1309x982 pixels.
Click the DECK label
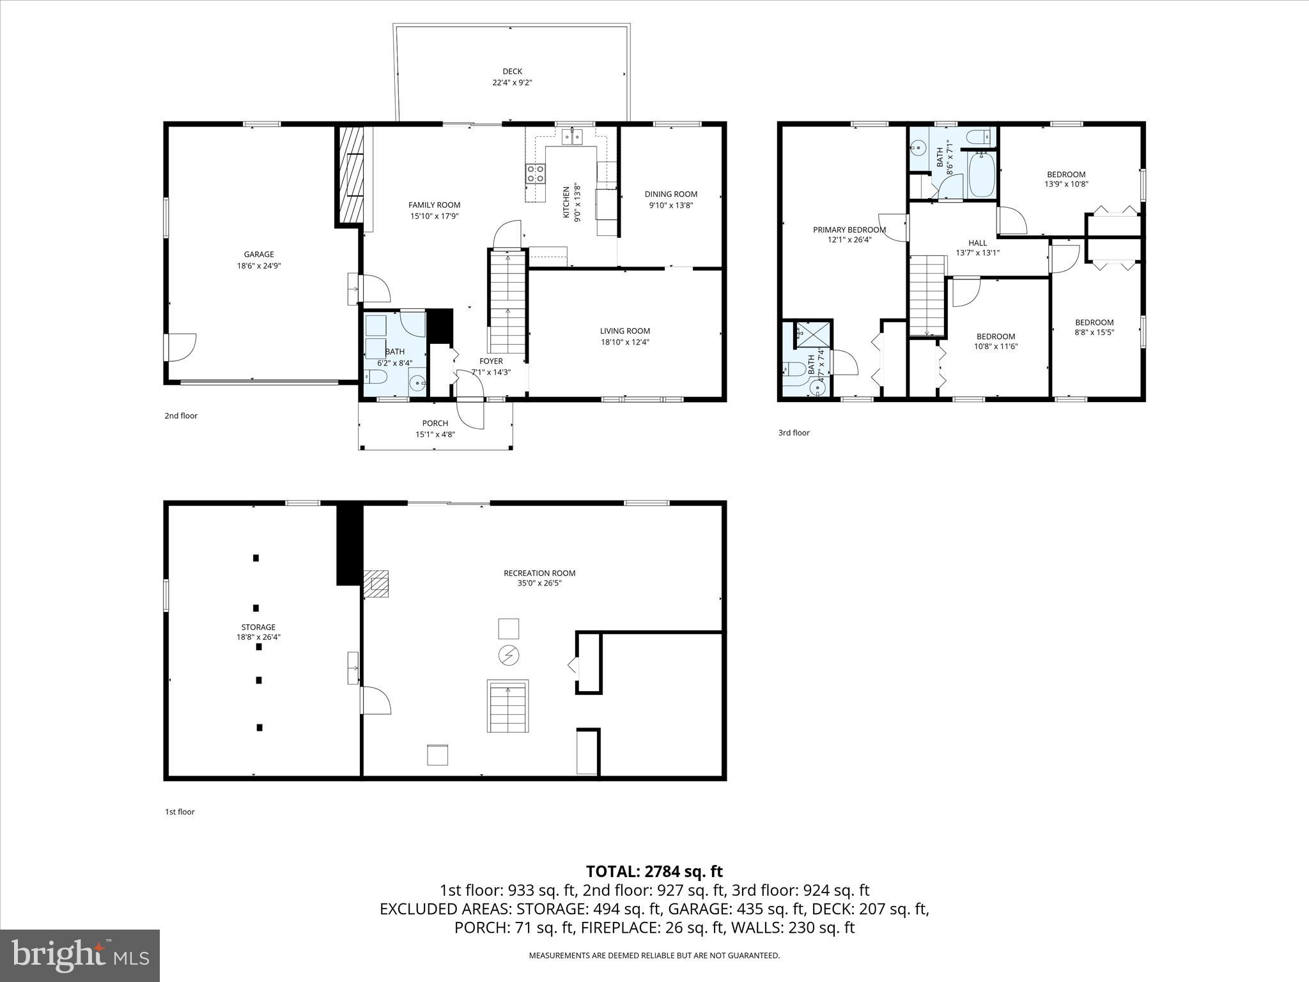click(x=512, y=72)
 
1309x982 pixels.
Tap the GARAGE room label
click(x=258, y=254)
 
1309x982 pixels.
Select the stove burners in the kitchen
click(x=536, y=173)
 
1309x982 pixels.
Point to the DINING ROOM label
click(x=670, y=194)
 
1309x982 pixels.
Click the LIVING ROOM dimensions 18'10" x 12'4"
click(x=624, y=342)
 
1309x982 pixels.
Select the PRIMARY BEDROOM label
click(x=849, y=230)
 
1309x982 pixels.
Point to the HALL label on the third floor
click(x=977, y=243)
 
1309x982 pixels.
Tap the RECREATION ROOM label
click(x=539, y=573)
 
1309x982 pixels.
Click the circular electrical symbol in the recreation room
click(x=509, y=655)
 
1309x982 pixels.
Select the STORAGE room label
click(x=258, y=627)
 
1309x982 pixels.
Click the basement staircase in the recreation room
click(x=508, y=706)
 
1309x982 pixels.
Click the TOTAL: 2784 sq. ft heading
click(x=654, y=871)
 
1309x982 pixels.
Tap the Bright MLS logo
click(x=80, y=955)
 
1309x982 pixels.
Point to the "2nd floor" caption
click(x=181, y=416)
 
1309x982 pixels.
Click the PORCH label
click(x=435, y=423)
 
